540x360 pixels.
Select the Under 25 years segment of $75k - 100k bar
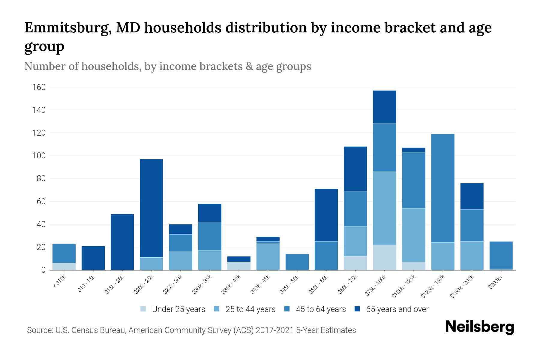click(x=384, y=257)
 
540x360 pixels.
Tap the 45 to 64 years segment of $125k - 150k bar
click(x=442, y=188)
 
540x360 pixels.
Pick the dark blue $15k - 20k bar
click(x=122, y=242)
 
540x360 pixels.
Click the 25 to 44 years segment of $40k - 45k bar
click(x=268, y=257)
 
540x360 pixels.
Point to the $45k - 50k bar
click(x=297, y=262)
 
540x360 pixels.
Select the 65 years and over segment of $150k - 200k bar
click(x=472, y=196)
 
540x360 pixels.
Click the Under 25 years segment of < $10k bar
click(x=64, y=266)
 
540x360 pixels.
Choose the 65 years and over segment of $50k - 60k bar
click(x=326, y=215)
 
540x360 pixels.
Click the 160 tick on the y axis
click(x=39, y=87)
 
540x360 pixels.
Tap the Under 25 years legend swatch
click(x=143, y=309)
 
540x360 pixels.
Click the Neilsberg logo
click(x=479, y=327)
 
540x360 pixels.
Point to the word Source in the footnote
click(x=39, y=330)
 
